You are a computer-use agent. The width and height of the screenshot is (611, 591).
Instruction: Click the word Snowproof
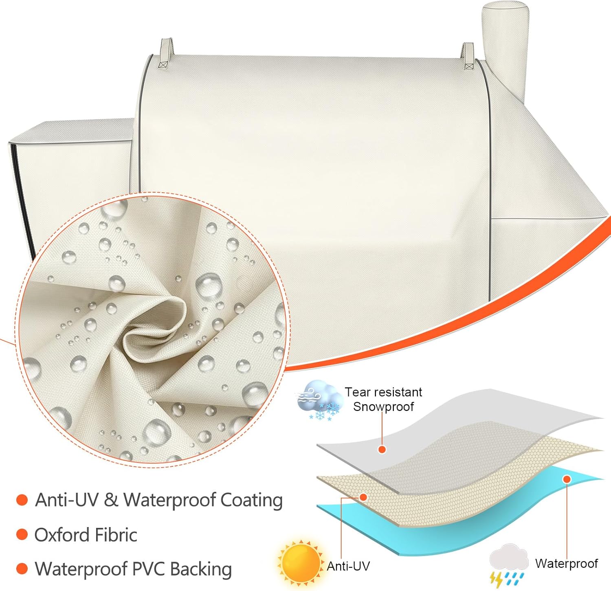click(383, 406)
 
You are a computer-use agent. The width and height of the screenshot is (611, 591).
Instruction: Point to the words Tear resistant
click(383, 392)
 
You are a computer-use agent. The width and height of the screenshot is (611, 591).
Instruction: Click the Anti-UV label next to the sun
click(348, 566)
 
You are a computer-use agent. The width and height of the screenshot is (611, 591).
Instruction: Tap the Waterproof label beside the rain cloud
click(566, 563)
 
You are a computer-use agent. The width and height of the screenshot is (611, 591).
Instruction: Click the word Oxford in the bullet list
click(61, 535)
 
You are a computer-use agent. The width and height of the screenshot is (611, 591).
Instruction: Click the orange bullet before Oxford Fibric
click(22, 534)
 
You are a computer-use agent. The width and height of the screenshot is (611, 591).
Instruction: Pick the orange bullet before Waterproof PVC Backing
click(22, 569)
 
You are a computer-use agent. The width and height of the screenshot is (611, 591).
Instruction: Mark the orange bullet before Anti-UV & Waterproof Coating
click(22, 500)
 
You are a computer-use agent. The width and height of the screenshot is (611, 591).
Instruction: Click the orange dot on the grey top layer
click(382, 449)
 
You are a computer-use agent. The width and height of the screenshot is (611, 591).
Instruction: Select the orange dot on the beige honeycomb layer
click(363, 497)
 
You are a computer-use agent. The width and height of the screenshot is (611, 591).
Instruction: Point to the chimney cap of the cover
click(499, 12)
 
